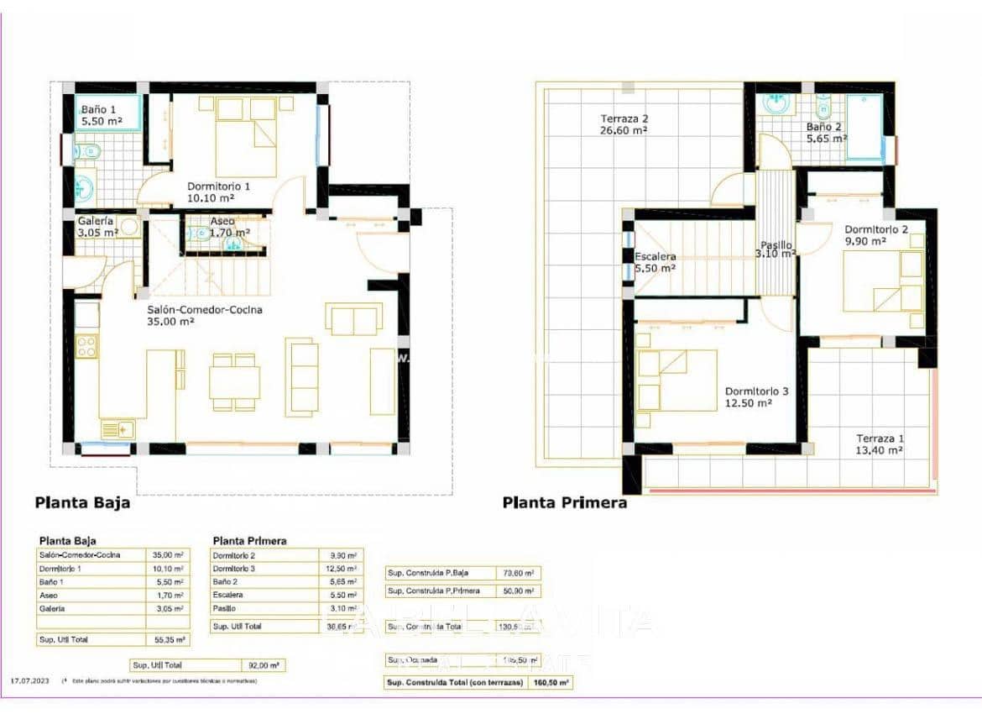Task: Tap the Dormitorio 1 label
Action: pyautogui.click(x=217, y=192)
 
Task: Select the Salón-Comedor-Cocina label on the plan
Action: pyautogui.click(x=204, y=315)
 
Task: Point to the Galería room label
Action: pyautogui.click(x=97, y=226)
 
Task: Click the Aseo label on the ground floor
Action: pyautogui.click(x=217, y=228)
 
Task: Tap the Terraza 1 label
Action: pyautogui.click(x=880, y=444)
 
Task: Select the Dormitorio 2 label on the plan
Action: pyautogui.click(x=875, y=235)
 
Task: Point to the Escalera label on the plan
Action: pyautogui.click(x=656, y=262)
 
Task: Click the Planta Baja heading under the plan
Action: pyautogui.click(x=82, y=504)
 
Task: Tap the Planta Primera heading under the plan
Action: pyautogui.click(x=565, y=503)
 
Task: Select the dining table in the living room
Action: pyautogui.click(x=233, y=382)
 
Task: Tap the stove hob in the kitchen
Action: pyautogui.click(x=86, y=346)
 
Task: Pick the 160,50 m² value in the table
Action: pyautogui.click(x=551, y=683)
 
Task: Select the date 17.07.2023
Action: pyautogui.click(x=31, y=681)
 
